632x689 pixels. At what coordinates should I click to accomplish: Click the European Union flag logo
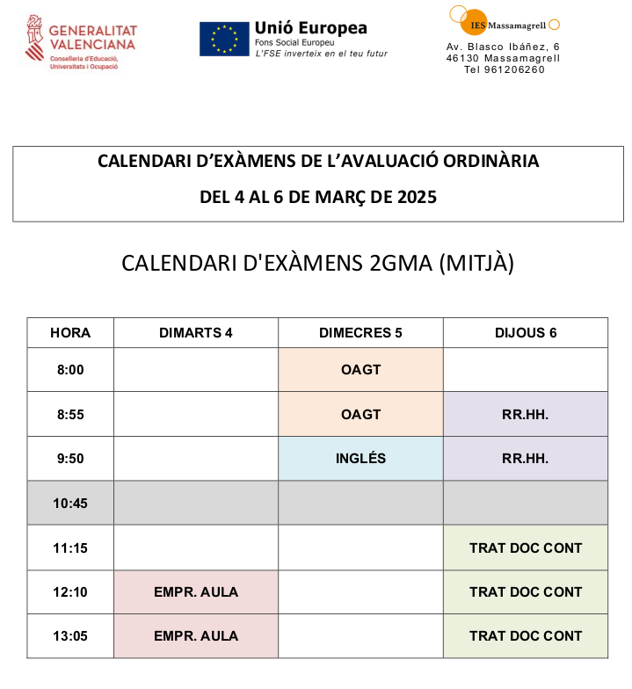click(x=224, y=40)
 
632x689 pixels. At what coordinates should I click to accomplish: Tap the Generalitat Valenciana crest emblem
click(x=35, y=40)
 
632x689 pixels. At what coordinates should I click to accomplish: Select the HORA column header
click(x=70, y=333)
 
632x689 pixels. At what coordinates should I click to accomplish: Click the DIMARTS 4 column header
click(x=196, y=333)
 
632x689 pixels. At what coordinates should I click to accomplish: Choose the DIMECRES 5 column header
click(x=360, y=333)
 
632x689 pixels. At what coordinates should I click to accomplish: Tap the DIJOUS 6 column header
click(x=526, y=333)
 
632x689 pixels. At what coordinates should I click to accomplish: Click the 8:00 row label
click(x=70, y=370)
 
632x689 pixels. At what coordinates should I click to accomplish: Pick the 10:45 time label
click(x=70, y=504)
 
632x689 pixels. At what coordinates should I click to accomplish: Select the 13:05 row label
click(x=70, y=636)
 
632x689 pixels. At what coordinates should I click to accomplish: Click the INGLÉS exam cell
click(x=360, y=459)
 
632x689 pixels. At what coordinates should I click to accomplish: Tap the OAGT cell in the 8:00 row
click(x=360, y=370)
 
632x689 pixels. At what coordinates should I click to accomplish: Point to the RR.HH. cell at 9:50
click(x=526, y=459)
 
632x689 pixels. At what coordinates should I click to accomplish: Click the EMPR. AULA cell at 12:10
click(x=196, y=592)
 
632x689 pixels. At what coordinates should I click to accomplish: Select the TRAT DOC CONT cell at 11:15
click(x=526, y=548)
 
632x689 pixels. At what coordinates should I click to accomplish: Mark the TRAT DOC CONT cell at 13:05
click(x=526, y=636)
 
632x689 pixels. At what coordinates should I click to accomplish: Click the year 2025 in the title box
click(x=414, y=197)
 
